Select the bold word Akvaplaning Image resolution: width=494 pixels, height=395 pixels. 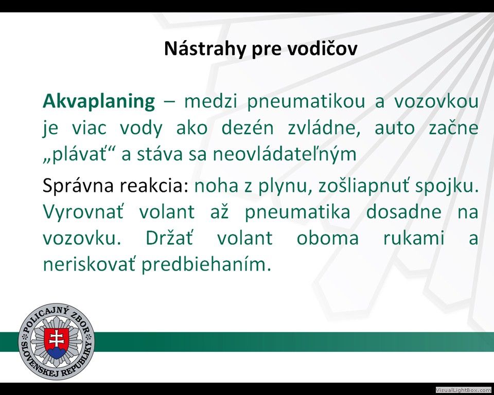99,102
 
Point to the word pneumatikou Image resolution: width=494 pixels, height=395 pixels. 306,102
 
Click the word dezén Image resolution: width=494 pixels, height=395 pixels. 248,128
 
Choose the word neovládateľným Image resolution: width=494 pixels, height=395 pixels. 285,154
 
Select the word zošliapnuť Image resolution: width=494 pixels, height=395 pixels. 364,186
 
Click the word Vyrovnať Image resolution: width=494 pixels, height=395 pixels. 83,211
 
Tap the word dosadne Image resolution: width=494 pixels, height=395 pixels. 404,211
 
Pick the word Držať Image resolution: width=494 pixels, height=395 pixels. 169,238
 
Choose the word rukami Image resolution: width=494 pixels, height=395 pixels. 414,238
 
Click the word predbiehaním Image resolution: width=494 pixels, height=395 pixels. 206,264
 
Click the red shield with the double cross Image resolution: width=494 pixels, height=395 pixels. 57,343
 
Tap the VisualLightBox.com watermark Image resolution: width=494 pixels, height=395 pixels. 464,390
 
